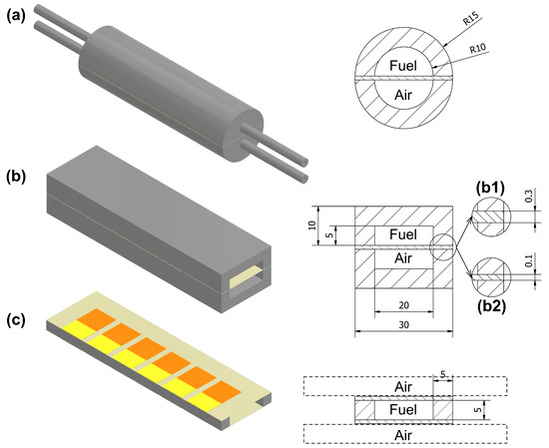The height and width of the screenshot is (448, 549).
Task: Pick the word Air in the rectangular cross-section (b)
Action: click(x=398, y=257)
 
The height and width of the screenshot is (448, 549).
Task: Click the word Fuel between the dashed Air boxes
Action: click(x=401, y=409)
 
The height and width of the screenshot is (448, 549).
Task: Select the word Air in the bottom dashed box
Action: click(x=401, y=434)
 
